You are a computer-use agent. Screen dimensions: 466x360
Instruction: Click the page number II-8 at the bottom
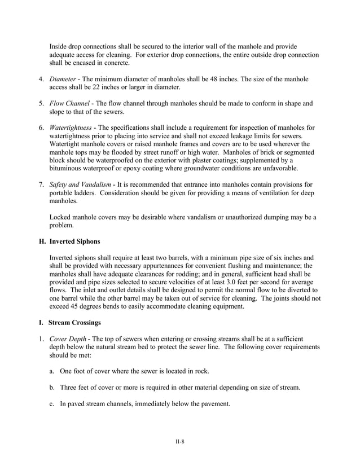click(x=180, y=441)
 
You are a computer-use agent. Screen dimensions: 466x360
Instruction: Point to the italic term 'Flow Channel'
click(x=72, y=104)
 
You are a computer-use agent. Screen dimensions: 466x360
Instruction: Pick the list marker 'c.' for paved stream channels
click(x=51, y=403)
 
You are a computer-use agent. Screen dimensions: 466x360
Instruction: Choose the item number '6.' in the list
click(x=42, y=129)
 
